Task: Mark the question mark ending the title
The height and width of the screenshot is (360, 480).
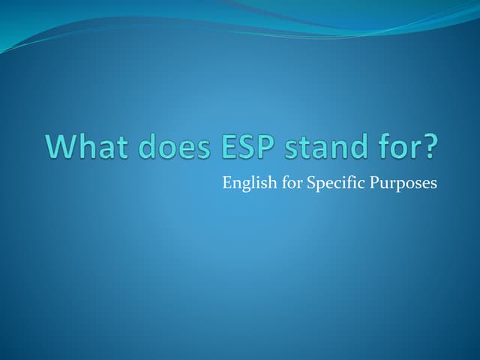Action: tap(427, 145)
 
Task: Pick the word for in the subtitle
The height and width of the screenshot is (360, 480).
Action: tap(290, 183)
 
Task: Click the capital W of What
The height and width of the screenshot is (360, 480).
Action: tap(60, 145)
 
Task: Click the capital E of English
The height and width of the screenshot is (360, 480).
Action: tap(227, 183)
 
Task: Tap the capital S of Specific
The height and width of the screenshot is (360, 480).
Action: tap(310, 183)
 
